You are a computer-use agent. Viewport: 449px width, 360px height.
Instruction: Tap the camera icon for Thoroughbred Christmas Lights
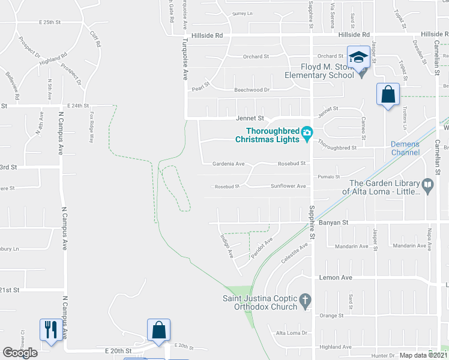pyautogui.click(x=307, y=132)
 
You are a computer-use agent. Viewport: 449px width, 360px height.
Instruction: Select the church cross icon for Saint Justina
pyautogui.click(x=305, y=299)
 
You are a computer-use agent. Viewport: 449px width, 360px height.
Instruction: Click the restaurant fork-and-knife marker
pyautogui.click(x=49, y=329)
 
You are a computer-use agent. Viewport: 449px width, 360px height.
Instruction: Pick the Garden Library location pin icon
pyautogui.click(x=427, y=185)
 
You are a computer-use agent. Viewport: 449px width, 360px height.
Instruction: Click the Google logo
pyautogui.click(x=20, y=353)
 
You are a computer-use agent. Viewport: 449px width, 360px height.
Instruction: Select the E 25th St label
pyautogui.click(x=50, y=22)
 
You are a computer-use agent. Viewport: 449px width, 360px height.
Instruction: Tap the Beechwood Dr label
pyautogui.click(x=252, y=89)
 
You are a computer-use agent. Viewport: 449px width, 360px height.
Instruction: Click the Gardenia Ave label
pyautogui.click(x=229, y=163)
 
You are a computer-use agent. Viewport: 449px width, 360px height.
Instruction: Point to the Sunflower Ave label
pyautogui.click(x=289, y=186)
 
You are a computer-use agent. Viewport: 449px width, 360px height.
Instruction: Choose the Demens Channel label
pyautogui.click(x=405, y=148)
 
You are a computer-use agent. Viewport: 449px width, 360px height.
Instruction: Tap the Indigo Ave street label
pyautogui.click(x=227, y=246)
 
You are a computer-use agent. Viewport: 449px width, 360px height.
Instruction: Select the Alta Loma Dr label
pyautogui.click(x=291, y=333)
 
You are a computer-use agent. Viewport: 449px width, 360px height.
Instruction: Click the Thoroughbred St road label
pyautogui.click(x=337, y=146)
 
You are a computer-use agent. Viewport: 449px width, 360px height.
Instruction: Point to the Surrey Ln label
pyautogui.click(x=243, y=13)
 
